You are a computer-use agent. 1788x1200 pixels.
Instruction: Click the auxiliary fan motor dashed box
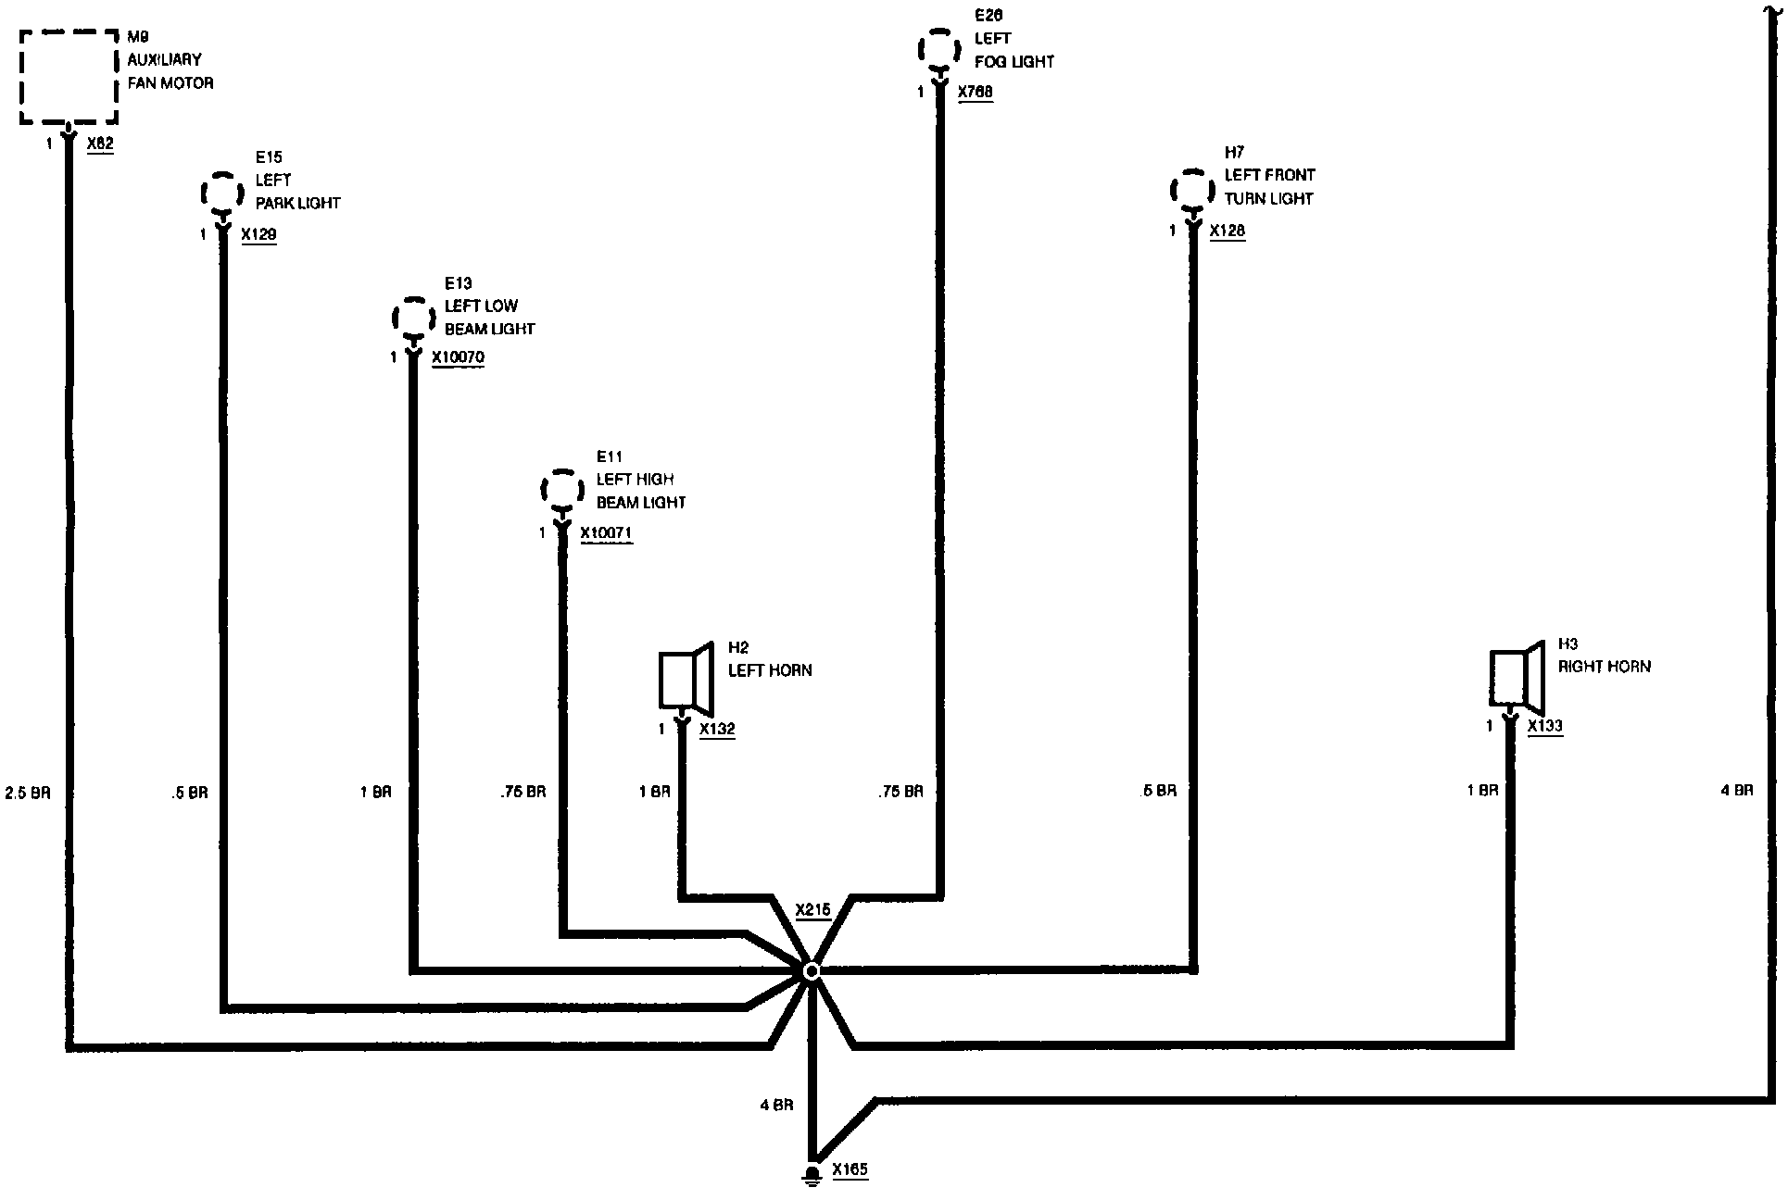(x=69, y=76)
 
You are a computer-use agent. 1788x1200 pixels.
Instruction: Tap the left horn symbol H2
(x=685, y=677)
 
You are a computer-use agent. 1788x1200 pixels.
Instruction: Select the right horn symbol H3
(x=1516, y=675)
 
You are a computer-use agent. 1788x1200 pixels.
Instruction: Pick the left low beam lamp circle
(x=413, y=319)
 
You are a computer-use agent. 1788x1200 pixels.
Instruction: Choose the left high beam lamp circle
(x=561, y=490)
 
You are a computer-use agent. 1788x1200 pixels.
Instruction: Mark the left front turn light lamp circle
(x=1192, y=191)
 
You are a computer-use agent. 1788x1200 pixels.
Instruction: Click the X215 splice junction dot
(x=811, y=970)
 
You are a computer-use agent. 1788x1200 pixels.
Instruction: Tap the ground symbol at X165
(x=812, y=1175)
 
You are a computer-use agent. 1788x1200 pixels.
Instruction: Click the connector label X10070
(x=458, y=357)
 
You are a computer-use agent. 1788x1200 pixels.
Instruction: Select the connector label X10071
(x=607, y=533)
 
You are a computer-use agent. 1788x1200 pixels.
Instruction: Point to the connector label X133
(x=1545, y=726)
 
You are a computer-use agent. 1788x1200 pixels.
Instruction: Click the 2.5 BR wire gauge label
(x=28, y=794)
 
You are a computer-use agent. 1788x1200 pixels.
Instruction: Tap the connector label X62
(x=100, y=144)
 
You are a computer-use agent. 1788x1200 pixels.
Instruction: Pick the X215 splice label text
(x=812, y=910)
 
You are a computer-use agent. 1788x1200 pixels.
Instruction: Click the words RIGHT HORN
(x=1604, y=667)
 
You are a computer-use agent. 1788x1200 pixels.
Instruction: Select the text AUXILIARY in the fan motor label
(x=164, y=59)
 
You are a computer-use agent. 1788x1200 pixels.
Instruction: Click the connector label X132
(x=717, y=730)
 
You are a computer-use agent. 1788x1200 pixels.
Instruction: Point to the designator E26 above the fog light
(x=988, y=16)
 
